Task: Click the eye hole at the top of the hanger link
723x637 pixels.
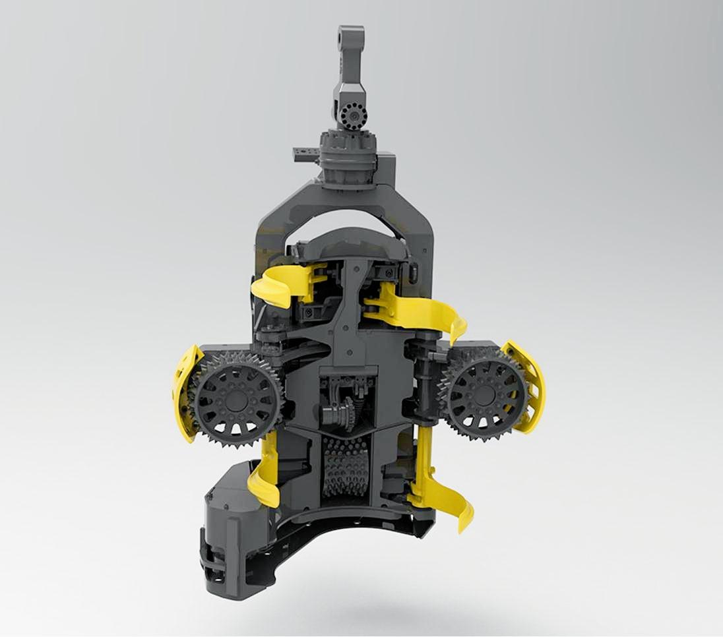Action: coord(346,36)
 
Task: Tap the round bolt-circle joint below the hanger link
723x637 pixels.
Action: coord(354,116)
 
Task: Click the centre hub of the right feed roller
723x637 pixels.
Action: coord(485,394)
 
